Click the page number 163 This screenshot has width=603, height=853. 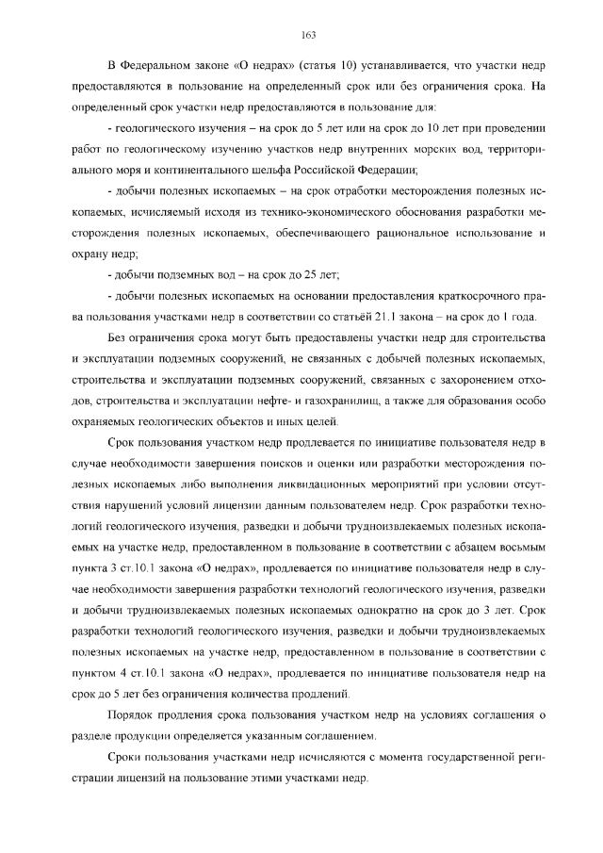click(x=307, y=35)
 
